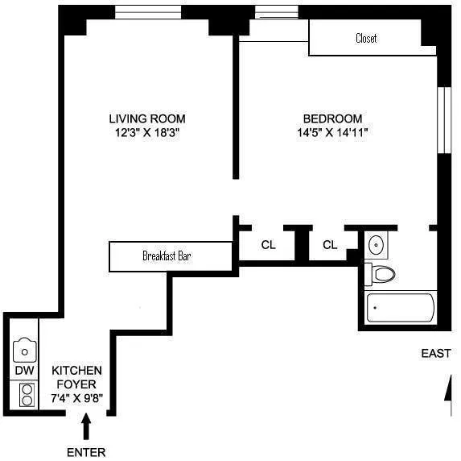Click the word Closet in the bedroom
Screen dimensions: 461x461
tap(365, 39)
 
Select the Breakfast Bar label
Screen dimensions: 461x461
tap(167, 257)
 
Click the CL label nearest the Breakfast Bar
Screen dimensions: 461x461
tap(268, 245)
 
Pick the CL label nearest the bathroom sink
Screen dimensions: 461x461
tap(330, 245)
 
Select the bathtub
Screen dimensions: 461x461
tap(399, 309)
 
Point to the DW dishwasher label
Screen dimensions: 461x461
tap(24, 371)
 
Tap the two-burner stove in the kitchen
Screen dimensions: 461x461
tap(26, 394)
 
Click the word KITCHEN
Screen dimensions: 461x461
tap(77, 370)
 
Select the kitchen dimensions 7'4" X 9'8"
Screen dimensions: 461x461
tap(77, 397)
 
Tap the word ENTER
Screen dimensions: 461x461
tap(87, 452)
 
